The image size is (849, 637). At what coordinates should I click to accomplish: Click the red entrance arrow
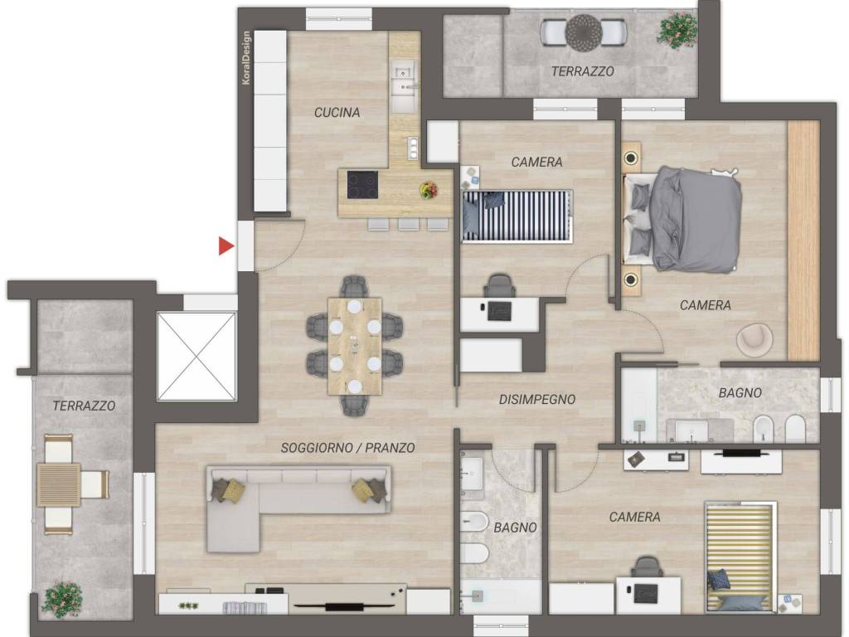click(226, 246)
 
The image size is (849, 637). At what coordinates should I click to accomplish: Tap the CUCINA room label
click(337, 113)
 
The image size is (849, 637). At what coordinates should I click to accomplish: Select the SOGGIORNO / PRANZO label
click(347, 448)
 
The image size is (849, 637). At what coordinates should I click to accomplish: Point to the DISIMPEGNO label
click(536, 400)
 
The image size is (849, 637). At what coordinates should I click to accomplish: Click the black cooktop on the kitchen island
click(363, 185)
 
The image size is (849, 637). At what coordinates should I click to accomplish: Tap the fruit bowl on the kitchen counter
click(429, 190)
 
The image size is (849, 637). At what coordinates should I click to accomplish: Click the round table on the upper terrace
click(584, 32)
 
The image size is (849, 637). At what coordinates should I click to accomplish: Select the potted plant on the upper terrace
click(677, 30)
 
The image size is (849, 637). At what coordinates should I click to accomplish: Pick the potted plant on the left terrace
click(63, 599)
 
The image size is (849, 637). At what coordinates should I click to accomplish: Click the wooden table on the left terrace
click(59, 484)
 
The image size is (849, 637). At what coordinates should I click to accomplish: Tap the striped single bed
click(517, 216)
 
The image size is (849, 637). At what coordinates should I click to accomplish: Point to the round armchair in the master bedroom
click(754, 339)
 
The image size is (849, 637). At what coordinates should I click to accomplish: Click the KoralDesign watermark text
click(246, 58)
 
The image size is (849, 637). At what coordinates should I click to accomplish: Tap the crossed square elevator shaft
click(196, 357)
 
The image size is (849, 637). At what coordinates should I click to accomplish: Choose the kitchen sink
click(404, 85)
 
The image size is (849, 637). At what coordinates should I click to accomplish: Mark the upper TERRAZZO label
click(583, 71)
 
